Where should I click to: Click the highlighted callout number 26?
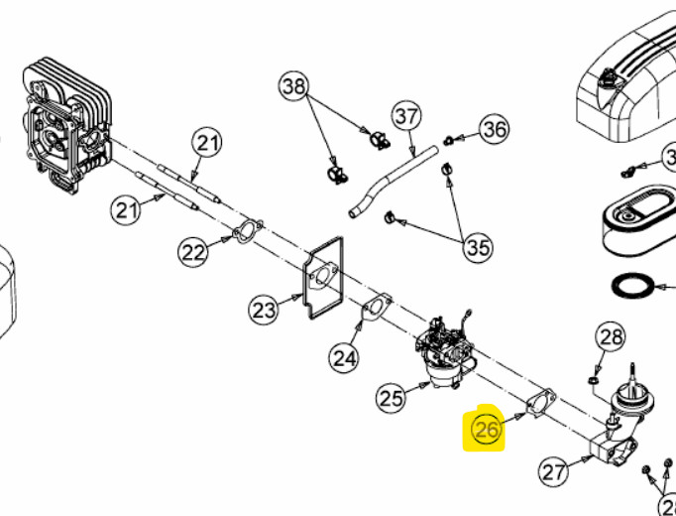487,430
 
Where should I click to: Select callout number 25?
392,398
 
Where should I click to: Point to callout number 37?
407,116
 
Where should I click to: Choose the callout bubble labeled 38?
294,87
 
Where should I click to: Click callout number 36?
494,128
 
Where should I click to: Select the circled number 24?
343,357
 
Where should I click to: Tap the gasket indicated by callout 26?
539,404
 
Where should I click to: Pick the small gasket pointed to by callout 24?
375,307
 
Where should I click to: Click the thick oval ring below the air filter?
632,285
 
